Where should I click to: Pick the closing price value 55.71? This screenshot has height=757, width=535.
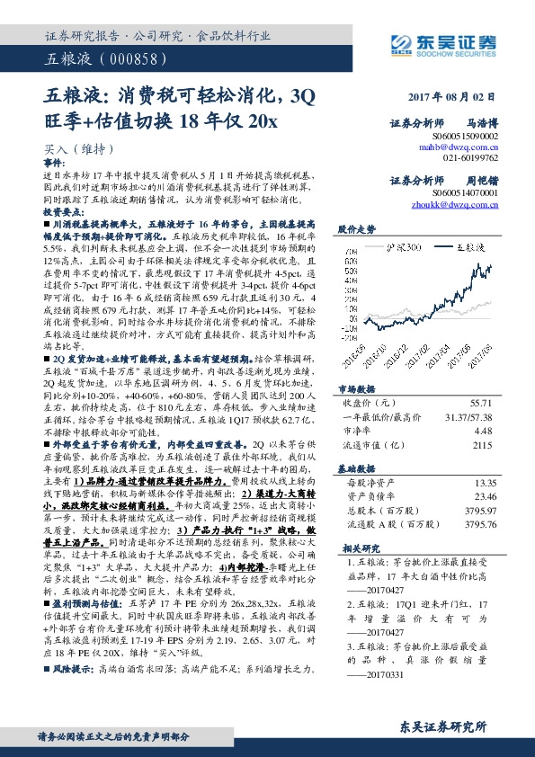tap(484, 405)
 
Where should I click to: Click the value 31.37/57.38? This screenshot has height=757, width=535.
tap(467, 418)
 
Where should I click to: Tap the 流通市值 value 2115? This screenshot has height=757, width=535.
tap(485, 444)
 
